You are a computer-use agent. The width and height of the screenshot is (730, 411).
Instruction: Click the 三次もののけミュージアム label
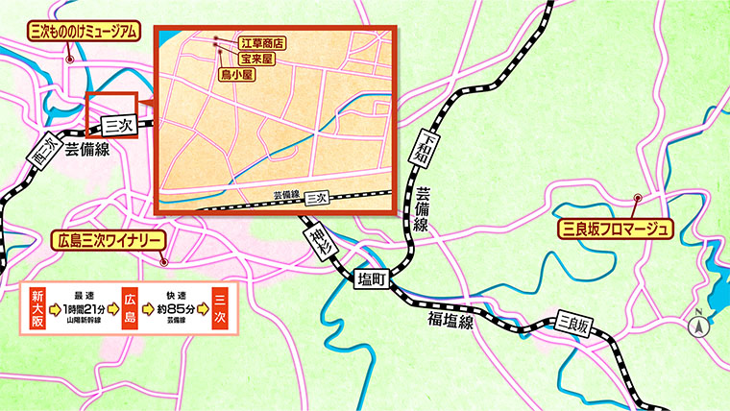(x=80, y=33)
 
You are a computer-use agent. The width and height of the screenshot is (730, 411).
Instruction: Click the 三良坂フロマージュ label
(x=616, y=230)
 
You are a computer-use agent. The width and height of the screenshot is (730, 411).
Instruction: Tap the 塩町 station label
(x=371, y=278)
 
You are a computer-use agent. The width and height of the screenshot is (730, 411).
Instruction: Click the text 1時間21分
(x=83, y=309)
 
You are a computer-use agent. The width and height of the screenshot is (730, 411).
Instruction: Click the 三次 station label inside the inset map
(x=317, y=197)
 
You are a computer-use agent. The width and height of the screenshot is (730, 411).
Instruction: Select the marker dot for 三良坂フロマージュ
(x=637, y=200)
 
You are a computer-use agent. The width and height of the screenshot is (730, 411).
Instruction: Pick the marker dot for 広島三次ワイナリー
(x=164, y=261)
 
